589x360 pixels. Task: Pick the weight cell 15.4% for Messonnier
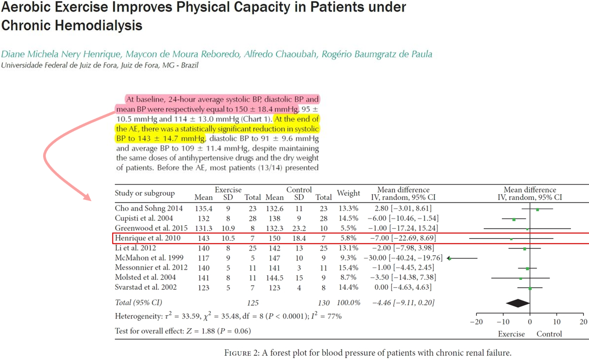348,267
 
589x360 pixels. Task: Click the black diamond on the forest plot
518,303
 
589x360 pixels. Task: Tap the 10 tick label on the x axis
557,322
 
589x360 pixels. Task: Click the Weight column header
348,193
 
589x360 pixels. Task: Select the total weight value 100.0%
348,303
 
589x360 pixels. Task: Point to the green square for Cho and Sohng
537,210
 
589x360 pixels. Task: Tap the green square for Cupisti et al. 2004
514,219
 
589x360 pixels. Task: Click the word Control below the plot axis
549,334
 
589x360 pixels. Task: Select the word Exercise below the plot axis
511,334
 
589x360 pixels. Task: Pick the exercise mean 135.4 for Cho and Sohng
204,208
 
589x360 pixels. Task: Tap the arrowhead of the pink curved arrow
88,197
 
